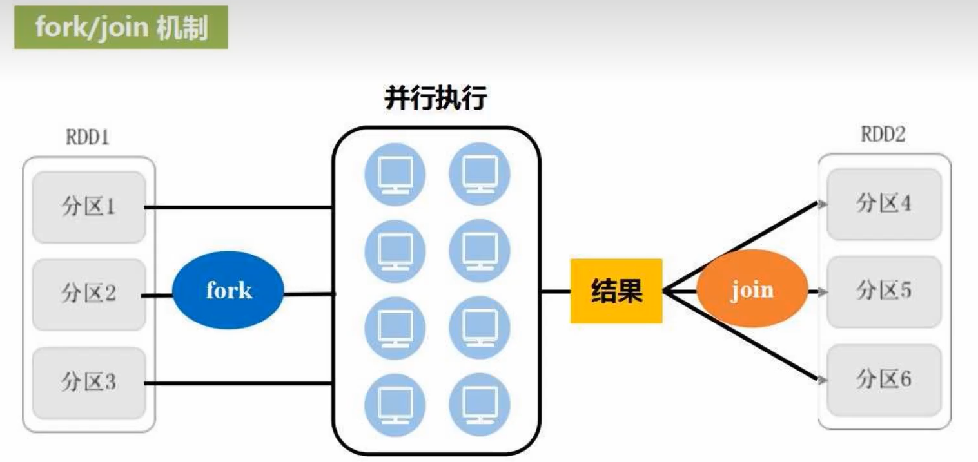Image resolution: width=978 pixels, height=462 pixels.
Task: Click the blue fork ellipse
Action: (x=228, y=291)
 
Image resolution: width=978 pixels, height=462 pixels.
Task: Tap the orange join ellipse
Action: (x=752, y=290)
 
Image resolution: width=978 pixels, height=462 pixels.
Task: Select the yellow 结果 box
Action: (x=616, y=291)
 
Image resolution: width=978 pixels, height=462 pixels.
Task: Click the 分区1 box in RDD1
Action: (x=89, y=207)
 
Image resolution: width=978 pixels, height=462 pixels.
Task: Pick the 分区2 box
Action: (x=89, y=294)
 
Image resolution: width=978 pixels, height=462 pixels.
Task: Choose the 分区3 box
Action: (x=89, y=383)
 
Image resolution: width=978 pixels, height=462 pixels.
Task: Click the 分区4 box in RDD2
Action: (x=883, y=204)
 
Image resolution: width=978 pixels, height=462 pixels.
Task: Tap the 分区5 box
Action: (x=883, y=291)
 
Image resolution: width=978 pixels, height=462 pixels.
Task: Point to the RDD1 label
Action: (x=88, y=138)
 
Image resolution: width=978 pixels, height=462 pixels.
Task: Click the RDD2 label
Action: (x=883, y=135)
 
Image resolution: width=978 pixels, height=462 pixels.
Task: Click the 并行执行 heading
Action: (x=435, y=100)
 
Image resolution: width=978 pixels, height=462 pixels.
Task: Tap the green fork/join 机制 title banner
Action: (x=121, y=28)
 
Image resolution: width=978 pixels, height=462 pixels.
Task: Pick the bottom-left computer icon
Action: (x=395, y=404)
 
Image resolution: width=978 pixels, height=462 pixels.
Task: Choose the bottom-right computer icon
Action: (x=479, y=404)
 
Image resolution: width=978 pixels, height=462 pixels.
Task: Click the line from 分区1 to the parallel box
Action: (x=239, y=207)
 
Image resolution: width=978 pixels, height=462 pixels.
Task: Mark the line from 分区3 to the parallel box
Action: (x=239, y=384)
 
